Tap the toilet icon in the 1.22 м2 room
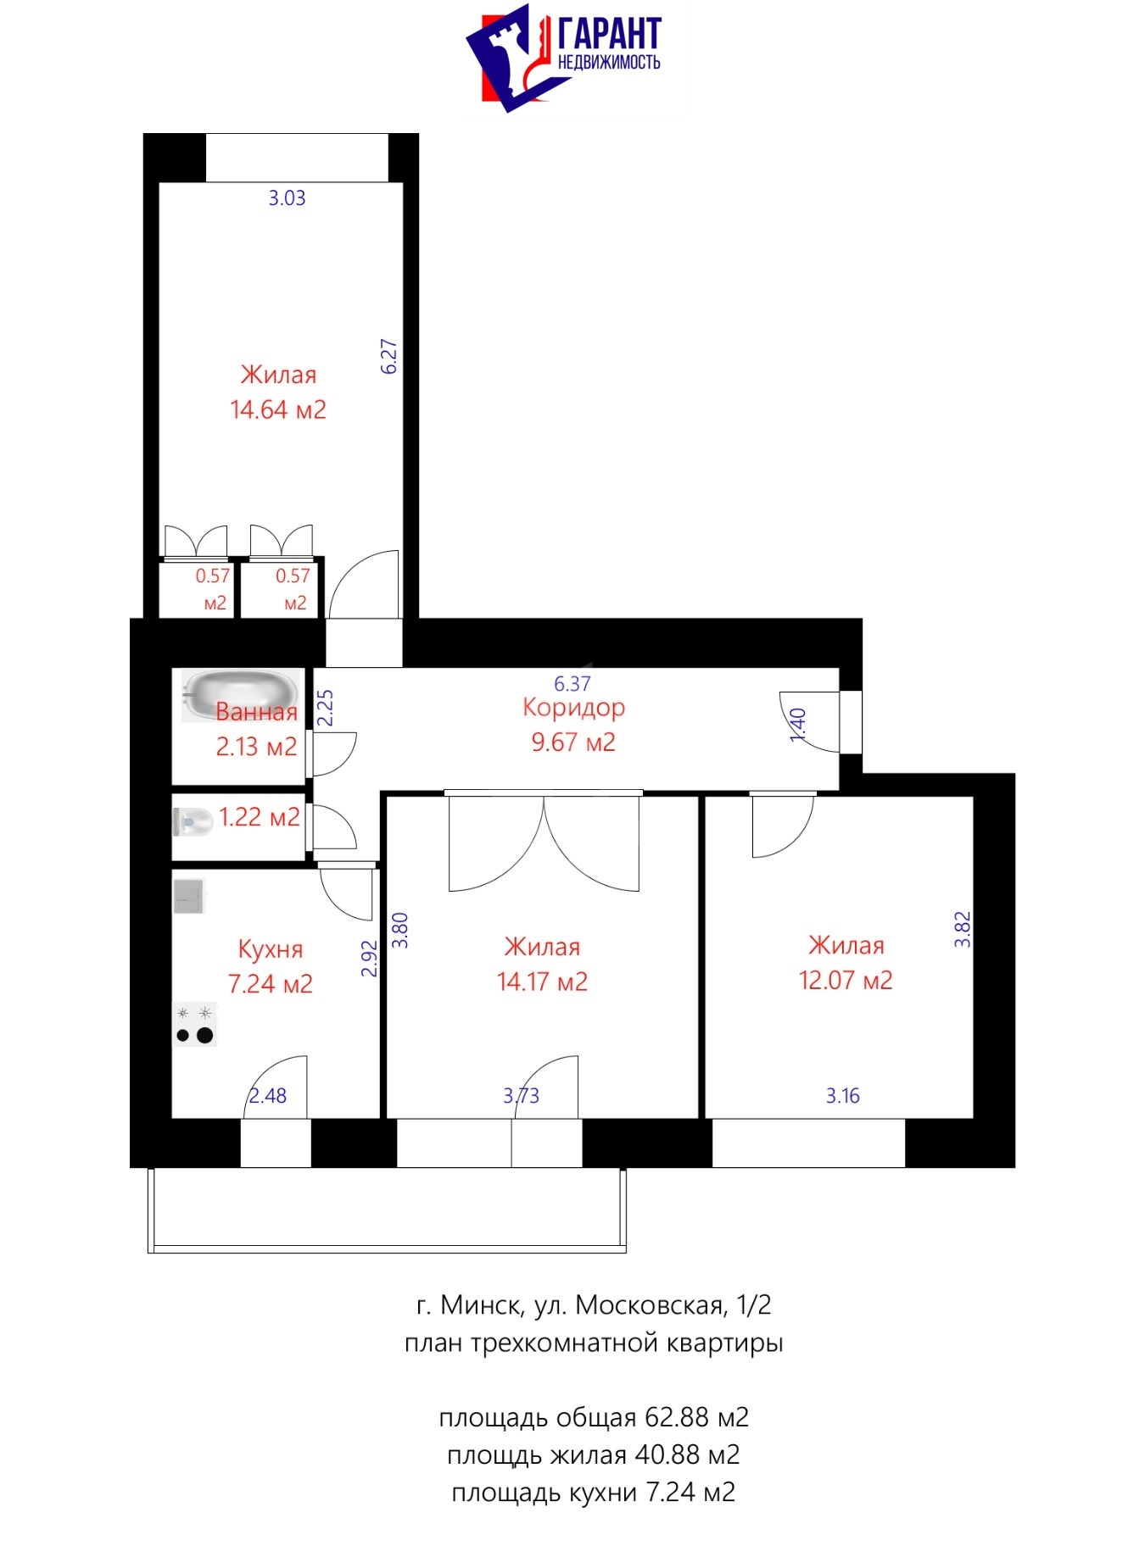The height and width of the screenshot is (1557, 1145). pyautogui.click(x=193, y=821)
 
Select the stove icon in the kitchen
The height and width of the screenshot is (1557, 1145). pyautogui.click(x=195, y=1024)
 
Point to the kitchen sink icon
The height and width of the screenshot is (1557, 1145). pyautogui.click(x=190, y=897)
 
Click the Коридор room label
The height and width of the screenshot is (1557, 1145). pyautogui.click(x=574, y=708)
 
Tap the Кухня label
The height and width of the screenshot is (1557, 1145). pyautogui.click(x=270, y=948)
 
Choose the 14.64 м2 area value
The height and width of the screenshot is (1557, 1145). pyautogui.click(x=278, y=410)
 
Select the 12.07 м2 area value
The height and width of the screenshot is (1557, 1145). pyautogui.click(x=846, y=981)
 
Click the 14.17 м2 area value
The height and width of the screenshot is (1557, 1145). pyautogui.click(x=542, y=982)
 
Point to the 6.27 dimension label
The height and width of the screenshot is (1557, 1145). pyautogui.click(x=388, y=357)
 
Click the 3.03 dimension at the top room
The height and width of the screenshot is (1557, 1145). pyautogui.click(x=287, y=198)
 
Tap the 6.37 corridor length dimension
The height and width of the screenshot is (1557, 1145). pyautogui.click(x=572, y=683)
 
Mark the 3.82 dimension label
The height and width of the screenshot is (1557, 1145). pyautogui.click(x=962, y=929)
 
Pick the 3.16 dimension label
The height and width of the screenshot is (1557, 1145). pyautogui.click(x=843, y=1096)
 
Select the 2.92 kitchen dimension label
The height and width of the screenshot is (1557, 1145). pyautogui.click(x=369, y=959)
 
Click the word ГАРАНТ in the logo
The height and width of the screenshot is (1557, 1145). pyautogui.click(x=609, y=34)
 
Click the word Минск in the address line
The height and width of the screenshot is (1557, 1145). pyautogui.click(x=480, y=1305)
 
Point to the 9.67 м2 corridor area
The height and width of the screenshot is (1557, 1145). pyautogui.click(x=573, y=742)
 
